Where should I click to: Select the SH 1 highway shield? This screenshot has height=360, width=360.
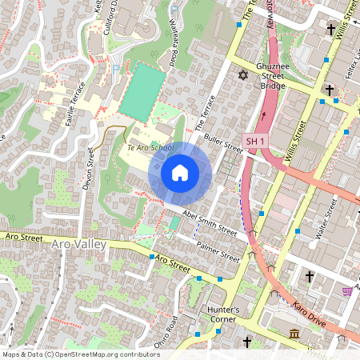click(x=254, y=141)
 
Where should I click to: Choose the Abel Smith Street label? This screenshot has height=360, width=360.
click(x=210, y=222)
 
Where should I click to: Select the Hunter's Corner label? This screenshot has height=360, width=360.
click(x=222, y=314)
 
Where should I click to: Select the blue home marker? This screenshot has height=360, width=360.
click(x=180, y=173)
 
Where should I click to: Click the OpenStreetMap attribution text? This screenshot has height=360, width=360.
click(x=80, y=354)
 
